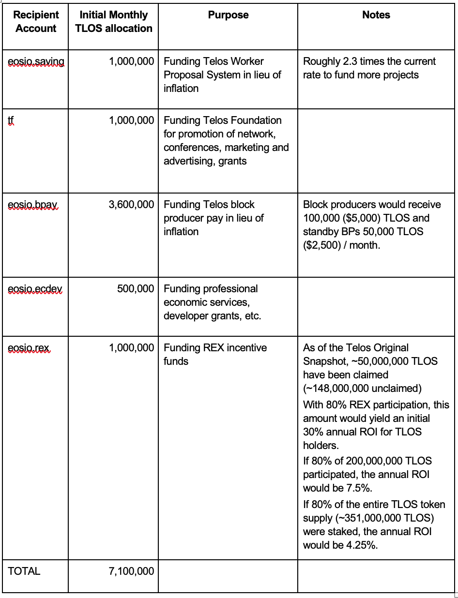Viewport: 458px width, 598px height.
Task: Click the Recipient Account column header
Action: coord(36,22)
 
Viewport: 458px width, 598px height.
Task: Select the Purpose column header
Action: coord(228,15)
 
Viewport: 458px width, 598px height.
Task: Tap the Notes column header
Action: coord(376,15)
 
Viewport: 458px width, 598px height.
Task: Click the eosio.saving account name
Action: coord(36,62)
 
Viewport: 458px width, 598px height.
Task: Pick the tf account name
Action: coord(11,120)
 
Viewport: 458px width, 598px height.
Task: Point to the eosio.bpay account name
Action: coord(32,205)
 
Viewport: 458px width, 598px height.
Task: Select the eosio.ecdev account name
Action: coord(35,289)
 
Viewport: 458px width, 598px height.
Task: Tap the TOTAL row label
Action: coord(24,571)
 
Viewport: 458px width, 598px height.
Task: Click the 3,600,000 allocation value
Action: coord(131,205)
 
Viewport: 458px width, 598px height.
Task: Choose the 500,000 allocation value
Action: coord(136,289)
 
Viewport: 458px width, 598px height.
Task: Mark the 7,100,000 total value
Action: coord(131,571)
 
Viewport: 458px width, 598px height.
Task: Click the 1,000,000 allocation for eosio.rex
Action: coord(131,348)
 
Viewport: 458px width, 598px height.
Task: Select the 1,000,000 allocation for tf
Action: coord(131,120)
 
